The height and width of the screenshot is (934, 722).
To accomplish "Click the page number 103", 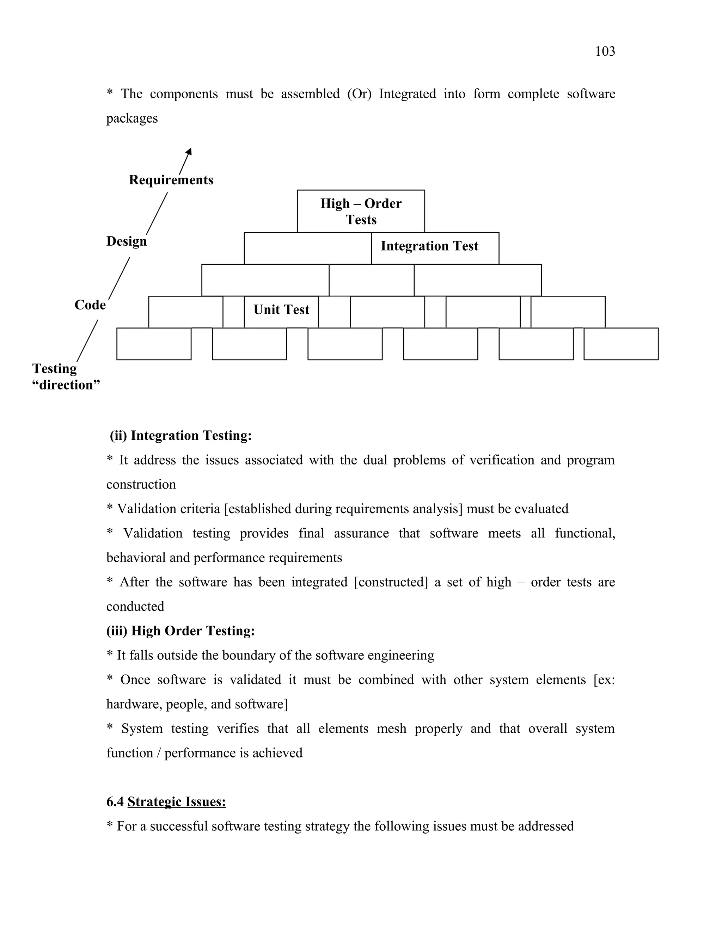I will coord(605,51).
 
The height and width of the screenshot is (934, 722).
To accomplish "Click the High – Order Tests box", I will coord(361,211).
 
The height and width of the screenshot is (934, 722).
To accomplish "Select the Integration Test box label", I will coord(429,246).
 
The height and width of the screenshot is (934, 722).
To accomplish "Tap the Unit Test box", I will coord(281,309).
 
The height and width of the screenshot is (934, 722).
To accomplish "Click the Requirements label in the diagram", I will coord(171,180).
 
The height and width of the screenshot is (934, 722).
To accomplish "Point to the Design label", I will coord(126,241).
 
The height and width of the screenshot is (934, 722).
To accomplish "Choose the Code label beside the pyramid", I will coord(90,305).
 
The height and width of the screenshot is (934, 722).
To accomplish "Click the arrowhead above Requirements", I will coord(189,152).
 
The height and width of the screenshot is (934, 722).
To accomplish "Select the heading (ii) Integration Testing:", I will coord(180,435).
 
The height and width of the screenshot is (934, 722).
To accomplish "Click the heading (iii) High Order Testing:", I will coord(180,631).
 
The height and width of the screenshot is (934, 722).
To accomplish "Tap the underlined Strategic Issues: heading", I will coord(177,801).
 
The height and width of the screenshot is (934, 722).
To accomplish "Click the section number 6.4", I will coord(115,801).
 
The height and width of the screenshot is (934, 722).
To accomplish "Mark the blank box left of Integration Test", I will coord(307,248).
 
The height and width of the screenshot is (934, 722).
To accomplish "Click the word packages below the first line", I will coord(132,118).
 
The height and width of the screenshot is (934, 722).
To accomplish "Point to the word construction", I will coord(141,485).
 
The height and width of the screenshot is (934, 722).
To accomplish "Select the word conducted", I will coord(135,607).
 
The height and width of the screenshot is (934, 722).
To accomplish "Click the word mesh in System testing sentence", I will coord(391,728).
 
